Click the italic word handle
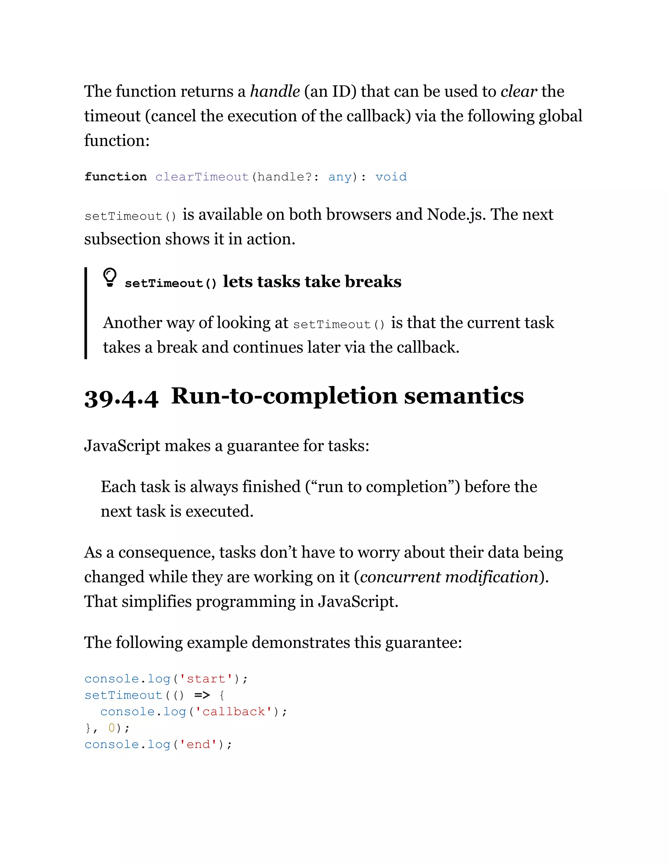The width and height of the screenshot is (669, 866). coord(275,91)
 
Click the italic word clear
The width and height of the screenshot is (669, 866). coord(519,91)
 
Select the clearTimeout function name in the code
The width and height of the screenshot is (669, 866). coord(202,177)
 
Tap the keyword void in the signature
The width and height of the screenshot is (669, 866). coord(391,177)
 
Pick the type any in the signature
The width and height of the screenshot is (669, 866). coord(340,177)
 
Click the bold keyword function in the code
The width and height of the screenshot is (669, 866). coord(115,177)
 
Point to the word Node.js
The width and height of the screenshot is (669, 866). coord(456,214)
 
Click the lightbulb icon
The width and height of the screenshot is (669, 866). coord(110,277)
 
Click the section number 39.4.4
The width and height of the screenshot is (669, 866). coord(121,398)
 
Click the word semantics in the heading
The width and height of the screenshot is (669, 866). coord(464,396)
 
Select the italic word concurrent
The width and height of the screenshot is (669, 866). coord(400,577)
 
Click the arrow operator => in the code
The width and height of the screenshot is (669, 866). coord(202,695)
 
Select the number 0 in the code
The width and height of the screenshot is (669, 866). coord(111,728)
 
